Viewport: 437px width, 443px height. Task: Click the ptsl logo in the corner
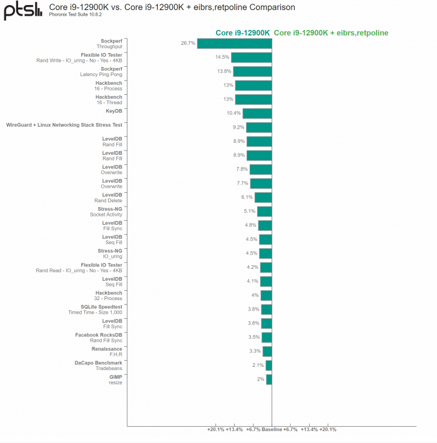[19, 11]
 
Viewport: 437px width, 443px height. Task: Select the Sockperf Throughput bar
[235, 43]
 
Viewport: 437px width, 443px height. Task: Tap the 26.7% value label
[188, 43]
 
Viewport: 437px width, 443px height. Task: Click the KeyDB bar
[257, 113]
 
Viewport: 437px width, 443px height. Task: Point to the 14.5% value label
[222, 57]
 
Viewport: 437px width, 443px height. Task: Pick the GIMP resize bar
[269, 379]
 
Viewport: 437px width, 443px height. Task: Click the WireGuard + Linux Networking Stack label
[64, 125]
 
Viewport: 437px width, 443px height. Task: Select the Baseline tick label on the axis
[272, 429]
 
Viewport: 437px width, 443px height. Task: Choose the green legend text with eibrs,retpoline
[331, 32]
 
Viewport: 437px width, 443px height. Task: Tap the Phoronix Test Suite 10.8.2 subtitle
[76, 15]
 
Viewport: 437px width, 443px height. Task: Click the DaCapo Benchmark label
[99, 363]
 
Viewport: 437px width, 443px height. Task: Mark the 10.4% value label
[233, 113]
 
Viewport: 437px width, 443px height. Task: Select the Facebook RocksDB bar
[267, 337]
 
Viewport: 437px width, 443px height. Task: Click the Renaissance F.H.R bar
[267, 351]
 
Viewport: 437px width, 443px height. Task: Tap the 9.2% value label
[238, 127]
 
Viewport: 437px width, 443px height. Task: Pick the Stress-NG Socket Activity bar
[265, 212]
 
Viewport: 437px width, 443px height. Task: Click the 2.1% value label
[258, 365]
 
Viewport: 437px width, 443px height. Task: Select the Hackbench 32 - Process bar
[266, 295]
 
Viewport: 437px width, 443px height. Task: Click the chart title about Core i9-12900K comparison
[168, 7]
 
